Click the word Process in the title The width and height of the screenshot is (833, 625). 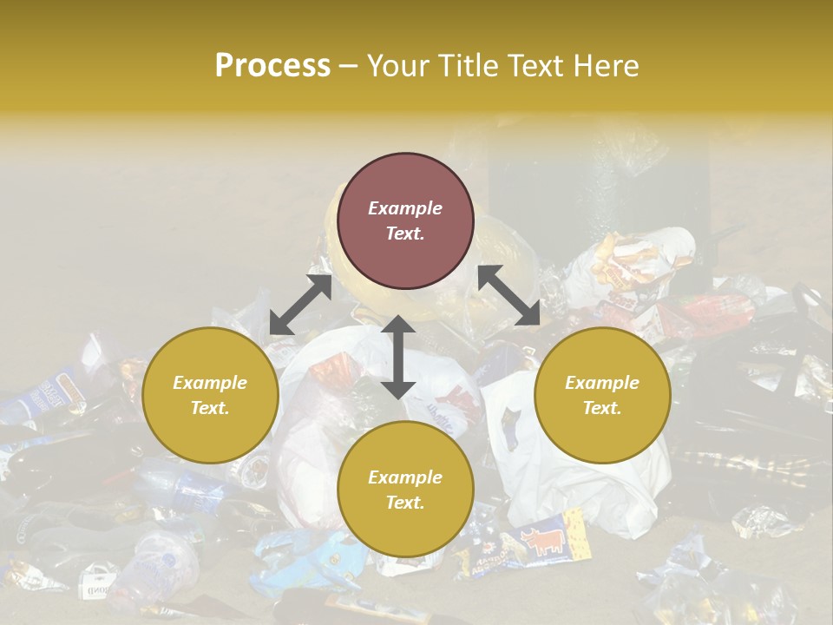[x=272, y=66]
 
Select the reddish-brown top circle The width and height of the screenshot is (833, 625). [x=405, y=221]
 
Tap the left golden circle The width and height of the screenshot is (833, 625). [x=210, y=395]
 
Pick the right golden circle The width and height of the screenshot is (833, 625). [x=602, y=395]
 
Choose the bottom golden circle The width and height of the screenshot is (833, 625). [x=405, y=489]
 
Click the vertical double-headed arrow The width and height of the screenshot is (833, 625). [x=398, y=357]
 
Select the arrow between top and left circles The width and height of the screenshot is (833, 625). [x=300, y=305]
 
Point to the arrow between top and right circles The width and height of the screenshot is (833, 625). [x=508, y=295]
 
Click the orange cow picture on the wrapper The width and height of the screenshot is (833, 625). [x=541, y=542]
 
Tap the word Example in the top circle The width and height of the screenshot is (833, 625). [x=405, y=208]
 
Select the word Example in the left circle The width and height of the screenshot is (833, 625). [x=210, y=382]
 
